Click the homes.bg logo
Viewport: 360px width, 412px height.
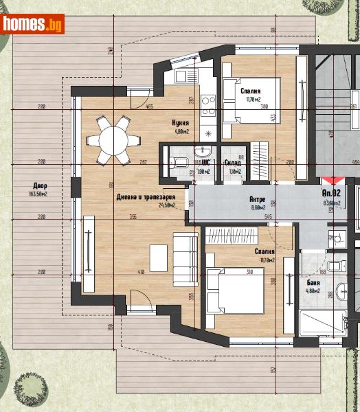33,24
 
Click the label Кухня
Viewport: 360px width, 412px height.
181,124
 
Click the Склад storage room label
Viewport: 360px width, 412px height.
232,163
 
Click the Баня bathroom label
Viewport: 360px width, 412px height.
313,282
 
